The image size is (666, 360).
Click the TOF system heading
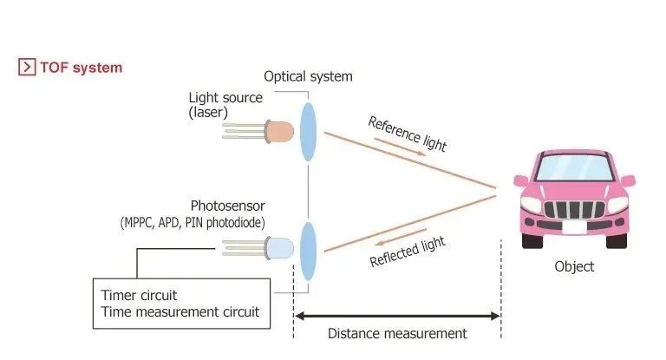pyautogui.click(x=81, y=67)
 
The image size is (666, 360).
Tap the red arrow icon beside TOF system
pyautogui.click(x=26, y=67)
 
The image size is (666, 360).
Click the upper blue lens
pyautogui.click(x=308, y=131)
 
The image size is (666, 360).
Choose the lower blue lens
pyautogui.click(x=308, y=251)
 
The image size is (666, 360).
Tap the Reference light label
pyautogui.click(x=407, y=133)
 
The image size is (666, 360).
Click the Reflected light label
pyautogui.click(x=407, y=250)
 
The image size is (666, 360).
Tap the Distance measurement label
pyautogui.click(x=397, y=333)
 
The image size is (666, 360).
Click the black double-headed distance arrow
pyautogui.click(x=397, y=314)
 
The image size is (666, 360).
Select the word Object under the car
pyautogui.click(x=574, y=266)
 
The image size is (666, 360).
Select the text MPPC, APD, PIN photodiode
pyautogui.click(x=193, y=223)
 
